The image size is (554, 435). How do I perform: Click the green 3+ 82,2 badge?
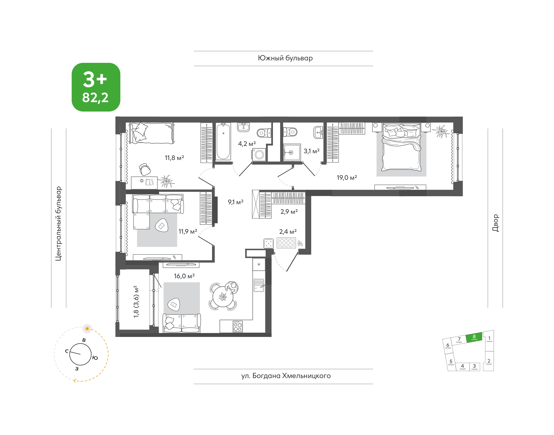coord(96,87)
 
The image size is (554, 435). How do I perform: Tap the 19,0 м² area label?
coord(347,177)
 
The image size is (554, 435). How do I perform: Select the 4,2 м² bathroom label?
coord(247,144)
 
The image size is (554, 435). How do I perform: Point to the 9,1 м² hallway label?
coord(235,202)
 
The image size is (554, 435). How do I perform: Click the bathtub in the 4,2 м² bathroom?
coord(223,141)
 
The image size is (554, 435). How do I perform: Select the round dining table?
coord(223,297)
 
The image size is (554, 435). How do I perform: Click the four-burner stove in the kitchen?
coord(238,326)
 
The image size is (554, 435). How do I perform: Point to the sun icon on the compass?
coord(87,328)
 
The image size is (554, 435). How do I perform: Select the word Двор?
coord(495,223)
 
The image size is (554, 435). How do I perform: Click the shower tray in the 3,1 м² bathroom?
coord(292,152)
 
